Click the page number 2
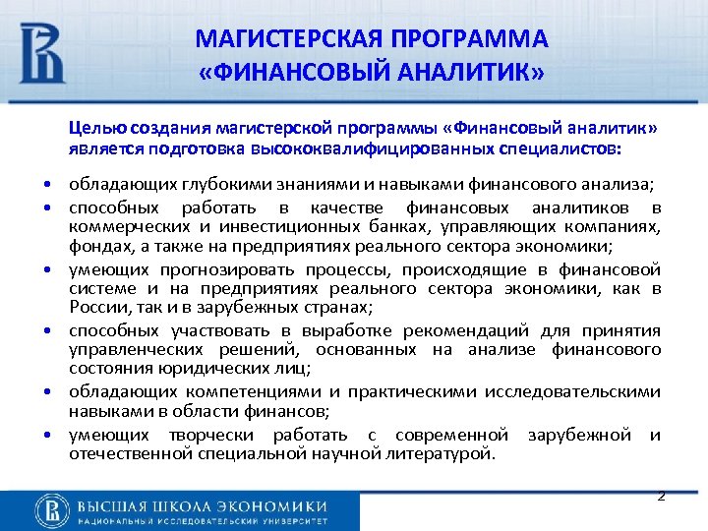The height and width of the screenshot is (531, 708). pos(662,496)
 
